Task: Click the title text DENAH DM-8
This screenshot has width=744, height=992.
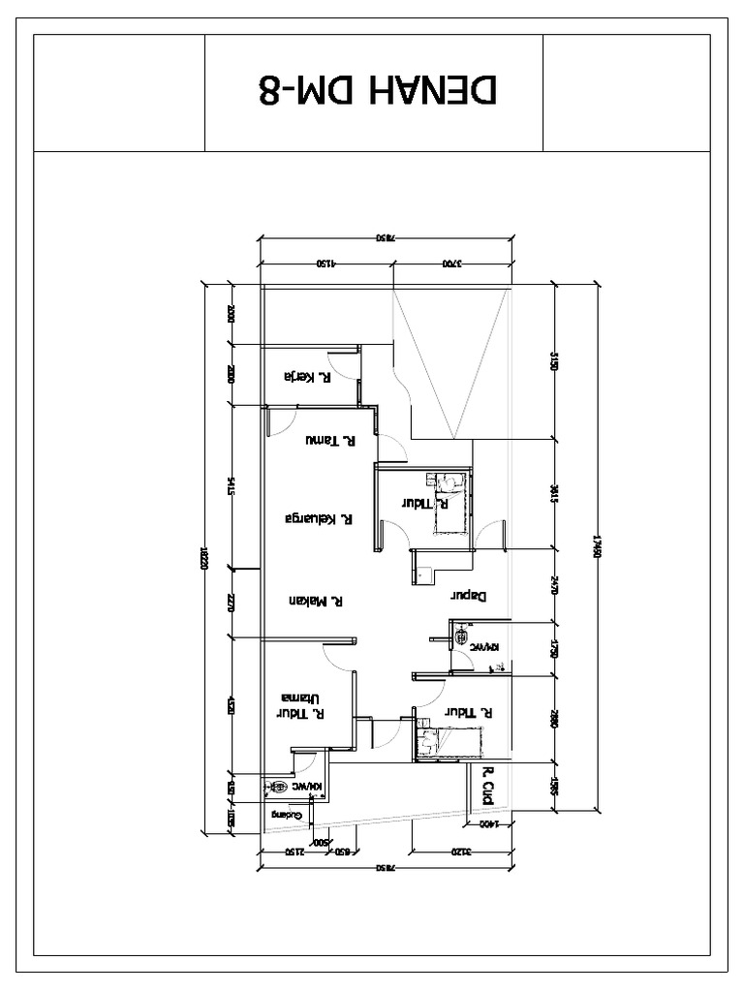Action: click(x=379, y=89)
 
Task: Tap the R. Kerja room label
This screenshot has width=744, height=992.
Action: click(x=306, y=376)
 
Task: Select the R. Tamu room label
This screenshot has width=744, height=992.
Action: click(x=328, y=441)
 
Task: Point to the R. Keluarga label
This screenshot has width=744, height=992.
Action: click(x=315, y=518)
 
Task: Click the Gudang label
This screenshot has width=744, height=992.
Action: click(x=288, y=816)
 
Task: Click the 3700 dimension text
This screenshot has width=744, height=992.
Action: click(x=452, y=263)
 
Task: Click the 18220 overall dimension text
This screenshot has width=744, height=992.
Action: click(x=203, y=557)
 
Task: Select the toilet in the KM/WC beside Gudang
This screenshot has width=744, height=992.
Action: click(x=279, y=788)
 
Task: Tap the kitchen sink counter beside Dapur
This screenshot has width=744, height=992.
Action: click(x=422, y=573)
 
